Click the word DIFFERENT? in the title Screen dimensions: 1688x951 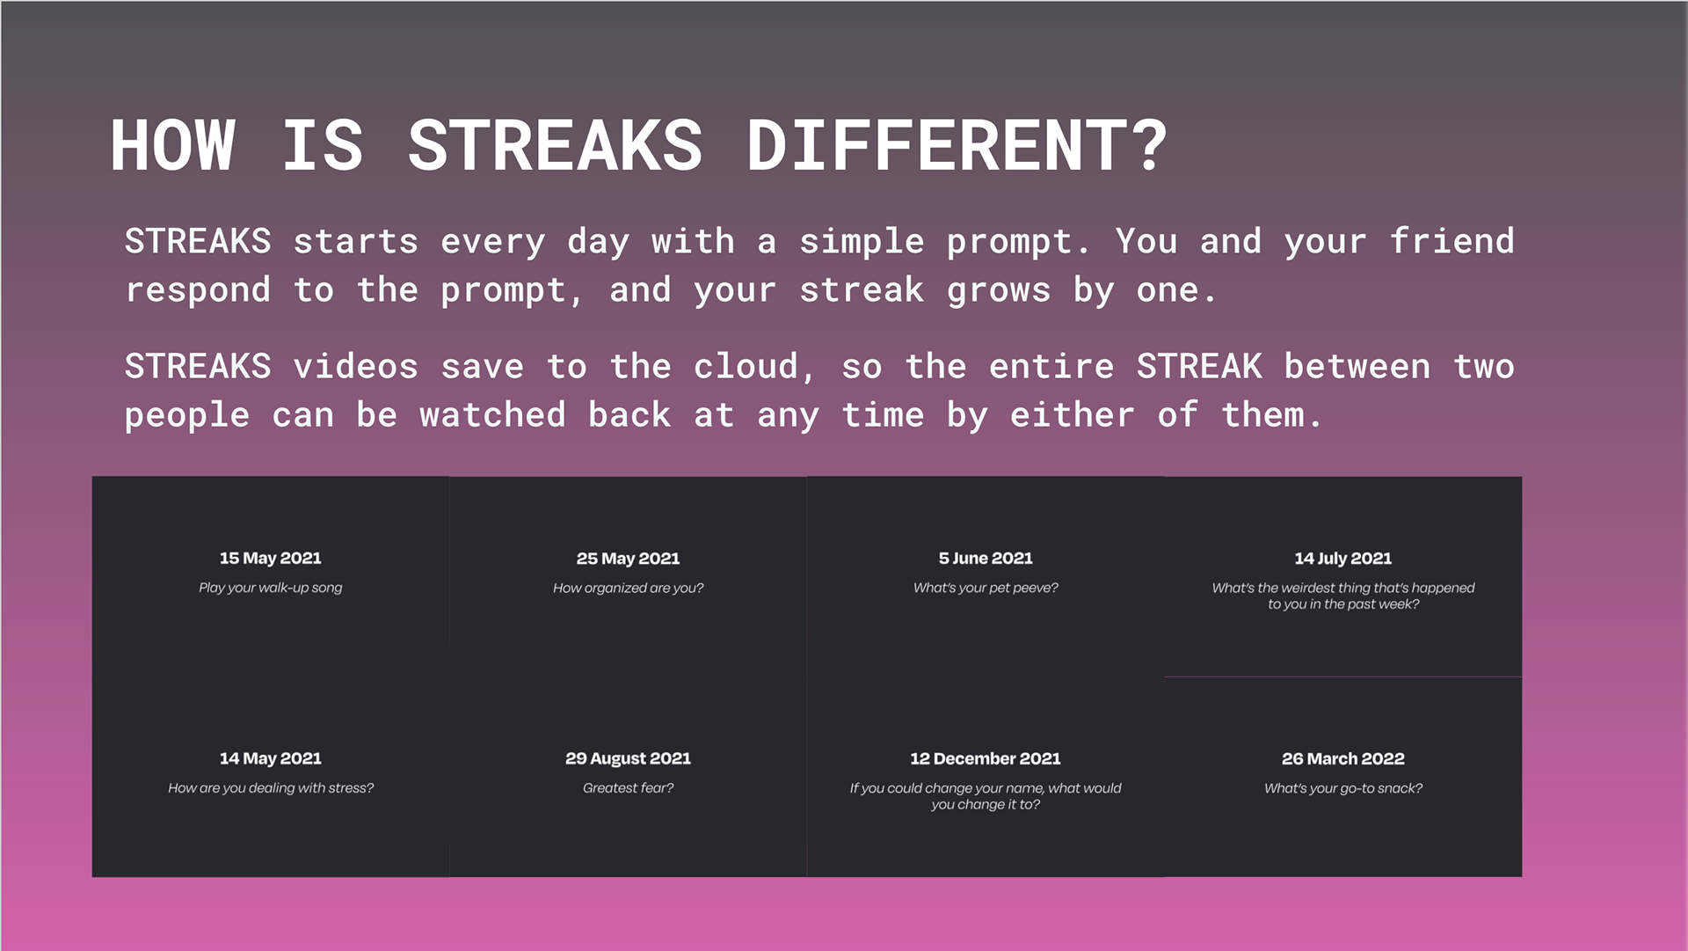tap(957, 146)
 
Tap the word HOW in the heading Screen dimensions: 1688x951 tap(173, 146)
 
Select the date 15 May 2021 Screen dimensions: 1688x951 tap(271, 558)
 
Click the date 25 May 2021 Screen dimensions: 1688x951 tap(628, 559)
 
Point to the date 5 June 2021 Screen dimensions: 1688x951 tap(986, 558)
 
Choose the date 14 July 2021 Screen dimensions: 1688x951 tap(1343, 559)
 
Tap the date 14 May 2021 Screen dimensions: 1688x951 tap(271, 758)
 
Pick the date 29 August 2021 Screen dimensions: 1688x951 tap(628, 758)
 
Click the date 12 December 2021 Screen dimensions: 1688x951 tap(986, 758)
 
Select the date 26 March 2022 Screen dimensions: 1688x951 tap(1343, 758)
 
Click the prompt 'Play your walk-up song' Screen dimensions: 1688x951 tap(271, 588)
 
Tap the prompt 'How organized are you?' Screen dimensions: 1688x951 tap(628, 588)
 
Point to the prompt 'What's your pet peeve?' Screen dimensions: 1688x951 tap(986, 588)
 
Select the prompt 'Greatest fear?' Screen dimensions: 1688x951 tap(628, 788)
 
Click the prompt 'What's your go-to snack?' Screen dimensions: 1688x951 tap(1343, 788)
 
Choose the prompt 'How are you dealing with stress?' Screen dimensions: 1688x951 tap(271, 788)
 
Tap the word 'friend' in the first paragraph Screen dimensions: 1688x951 tap(1452, 241)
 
